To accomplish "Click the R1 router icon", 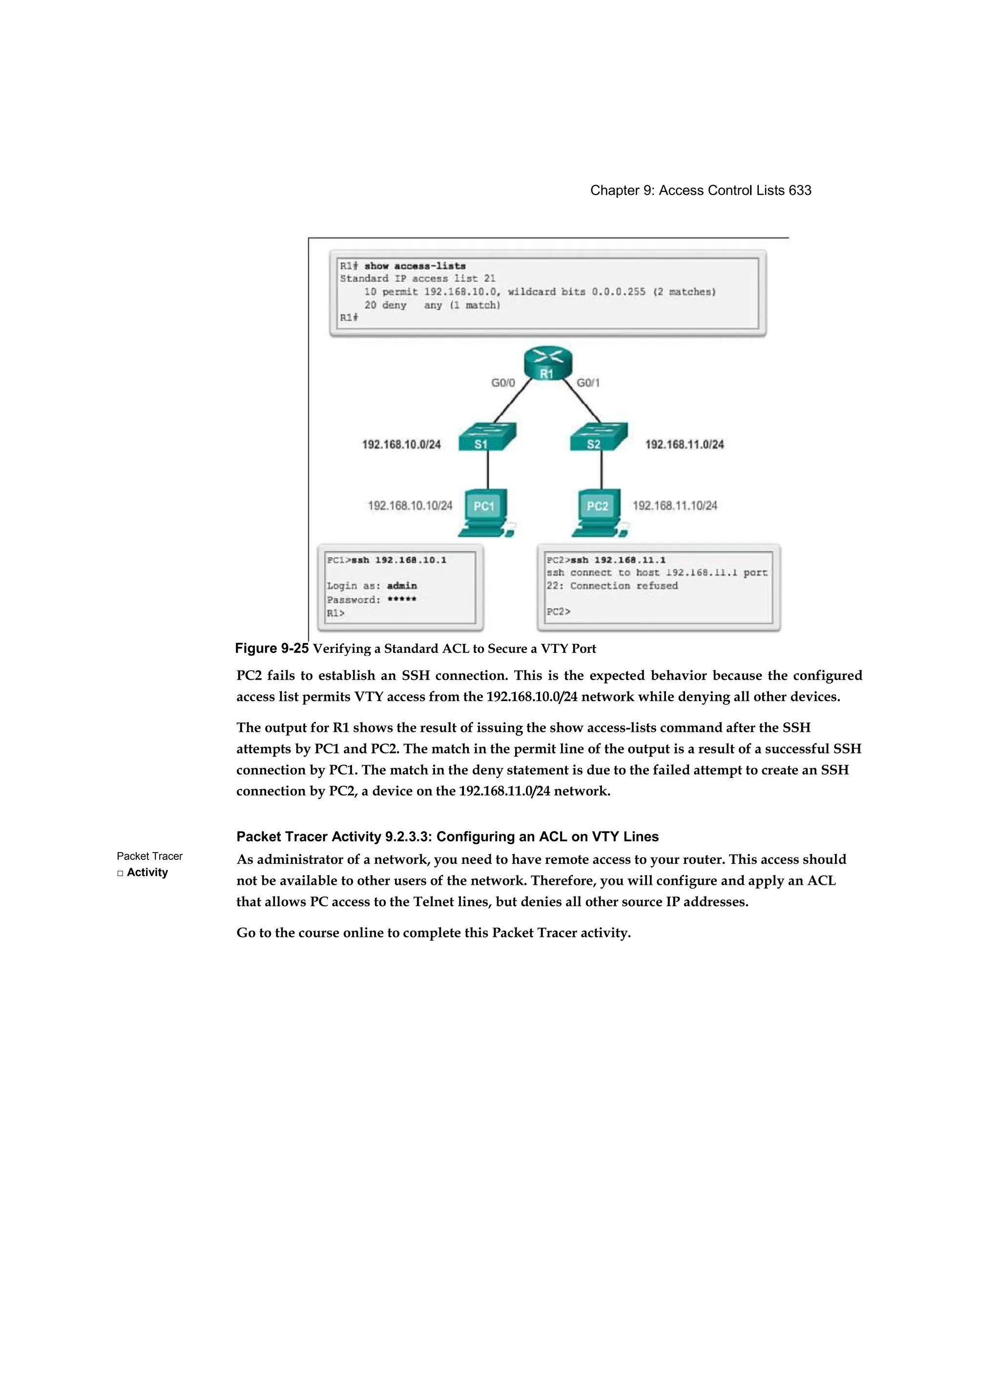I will (547, 364).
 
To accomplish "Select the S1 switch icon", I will (487, 437).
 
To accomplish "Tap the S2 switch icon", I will (598, 437).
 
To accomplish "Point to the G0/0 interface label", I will (503, 383).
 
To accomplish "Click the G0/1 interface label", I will (588, 383).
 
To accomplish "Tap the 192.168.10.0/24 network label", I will (401, 445).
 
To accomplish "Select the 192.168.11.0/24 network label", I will (684, 445).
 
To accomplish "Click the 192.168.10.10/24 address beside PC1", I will (410, 505).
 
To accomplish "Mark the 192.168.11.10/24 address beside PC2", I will (675, 505).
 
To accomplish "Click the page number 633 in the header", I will (799, 190).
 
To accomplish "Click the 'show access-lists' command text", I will (415, 266).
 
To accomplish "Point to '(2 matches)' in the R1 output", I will (685, 292).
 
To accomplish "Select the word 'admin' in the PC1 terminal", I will (402, 585).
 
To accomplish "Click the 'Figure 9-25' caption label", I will (272, 648).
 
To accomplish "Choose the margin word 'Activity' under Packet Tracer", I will (147, 873).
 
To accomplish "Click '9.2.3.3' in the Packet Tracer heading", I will (407, 836).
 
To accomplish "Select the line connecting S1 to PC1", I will (488, 470).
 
